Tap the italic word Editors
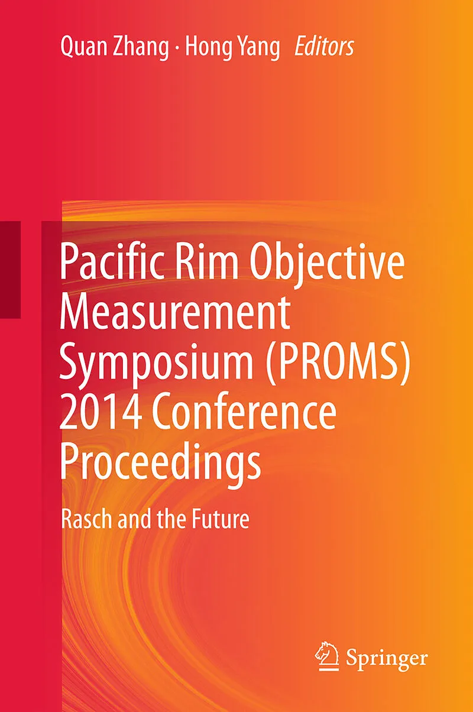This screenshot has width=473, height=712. [324, 47]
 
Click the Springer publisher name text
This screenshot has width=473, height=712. [387, 650]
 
